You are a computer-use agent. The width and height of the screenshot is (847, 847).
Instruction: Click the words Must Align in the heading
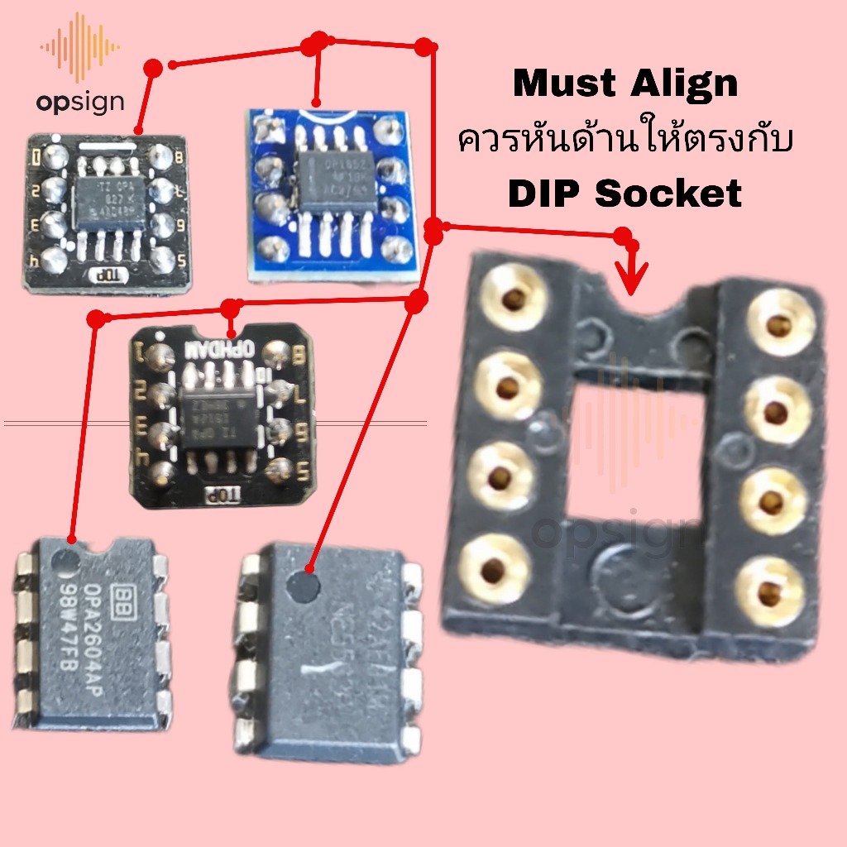pos(625,84)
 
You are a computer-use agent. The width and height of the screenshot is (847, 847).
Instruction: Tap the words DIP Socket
pos(625,193)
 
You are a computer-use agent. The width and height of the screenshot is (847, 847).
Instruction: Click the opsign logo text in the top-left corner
pos(80,102)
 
